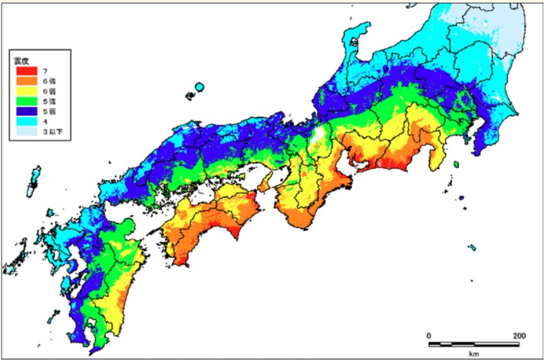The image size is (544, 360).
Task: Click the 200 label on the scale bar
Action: click(519, 336)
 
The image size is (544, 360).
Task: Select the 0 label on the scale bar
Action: click(429, 336)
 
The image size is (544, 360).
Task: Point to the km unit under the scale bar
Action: click(474, 353)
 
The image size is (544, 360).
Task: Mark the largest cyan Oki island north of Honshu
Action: click(200, 87)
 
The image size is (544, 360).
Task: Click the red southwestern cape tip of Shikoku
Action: click(183, 262)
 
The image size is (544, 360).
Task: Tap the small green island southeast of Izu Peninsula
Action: click(456, 165)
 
